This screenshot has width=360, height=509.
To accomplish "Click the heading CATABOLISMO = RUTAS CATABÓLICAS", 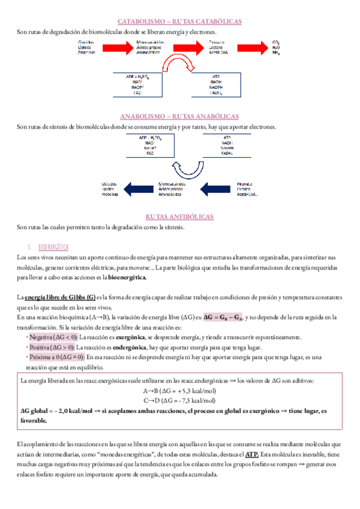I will (180, 21).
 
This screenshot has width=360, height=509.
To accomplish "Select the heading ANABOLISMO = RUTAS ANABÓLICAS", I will (180, 116).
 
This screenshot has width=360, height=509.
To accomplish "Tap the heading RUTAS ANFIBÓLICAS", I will (180, 216).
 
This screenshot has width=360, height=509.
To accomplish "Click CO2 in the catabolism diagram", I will (276, 43).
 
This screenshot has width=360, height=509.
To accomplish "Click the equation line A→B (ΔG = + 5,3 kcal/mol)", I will (179, 391).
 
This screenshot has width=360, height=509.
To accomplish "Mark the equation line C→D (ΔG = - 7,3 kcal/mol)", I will (179, 400).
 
